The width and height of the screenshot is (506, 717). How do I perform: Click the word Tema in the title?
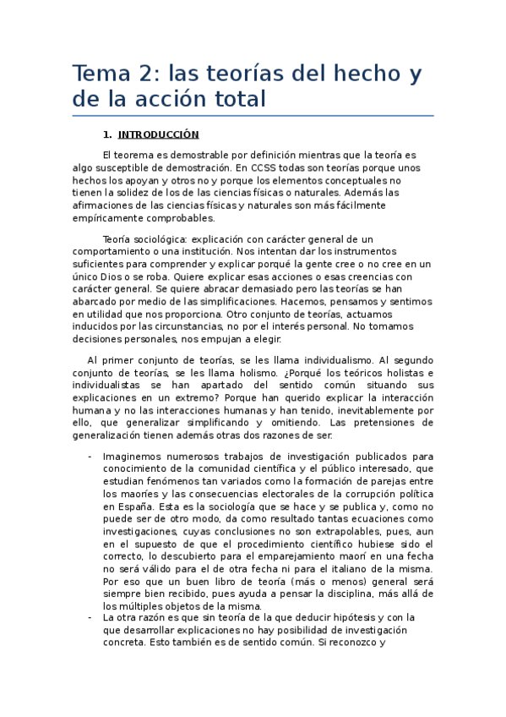(x=99, y=74)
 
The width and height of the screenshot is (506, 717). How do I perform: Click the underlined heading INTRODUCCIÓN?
(x=158, y=134)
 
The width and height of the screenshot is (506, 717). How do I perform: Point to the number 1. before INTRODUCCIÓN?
(x=106, y=134)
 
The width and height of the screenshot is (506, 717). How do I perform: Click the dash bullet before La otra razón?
(x=90, y=617)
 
